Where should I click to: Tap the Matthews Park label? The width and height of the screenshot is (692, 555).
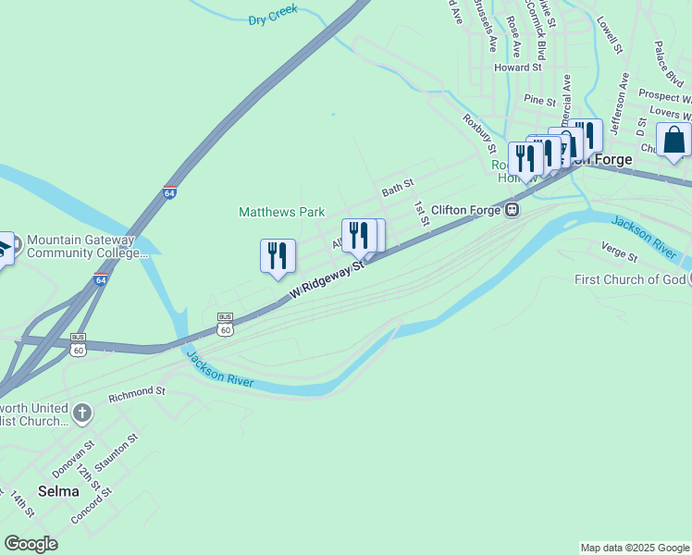(x=281, y=212)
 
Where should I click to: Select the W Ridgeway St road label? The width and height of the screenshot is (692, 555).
(x=328, y=278)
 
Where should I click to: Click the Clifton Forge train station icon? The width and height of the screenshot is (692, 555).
(x=510, y=210)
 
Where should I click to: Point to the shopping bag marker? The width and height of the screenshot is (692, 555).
(x=673, y=141)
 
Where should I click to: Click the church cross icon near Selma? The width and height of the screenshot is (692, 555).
(x=82, y=413)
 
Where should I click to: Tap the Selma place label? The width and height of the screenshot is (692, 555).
(x=58, y=491)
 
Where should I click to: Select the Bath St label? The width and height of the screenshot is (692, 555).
(x=398, y=190)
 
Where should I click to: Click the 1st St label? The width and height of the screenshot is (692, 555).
(x=422, y=214)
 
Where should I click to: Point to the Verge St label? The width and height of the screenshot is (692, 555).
(x=619, y=251)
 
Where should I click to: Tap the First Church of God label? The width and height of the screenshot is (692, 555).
(x=629, y=279)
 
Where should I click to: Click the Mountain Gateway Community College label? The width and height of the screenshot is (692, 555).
(x=87, y=245)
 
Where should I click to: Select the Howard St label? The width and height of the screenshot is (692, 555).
(x=517, y=68)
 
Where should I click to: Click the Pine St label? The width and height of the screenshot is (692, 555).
(x=539, y=99)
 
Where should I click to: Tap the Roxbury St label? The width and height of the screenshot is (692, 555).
(x=480, y=132)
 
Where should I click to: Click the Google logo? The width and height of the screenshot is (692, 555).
(x=31, y=544)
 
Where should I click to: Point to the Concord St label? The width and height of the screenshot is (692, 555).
(x=91, y=506)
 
